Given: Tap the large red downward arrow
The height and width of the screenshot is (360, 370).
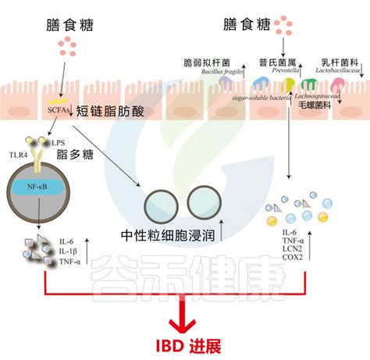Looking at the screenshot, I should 185,312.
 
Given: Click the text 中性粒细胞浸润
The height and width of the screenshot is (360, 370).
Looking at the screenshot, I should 169,235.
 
